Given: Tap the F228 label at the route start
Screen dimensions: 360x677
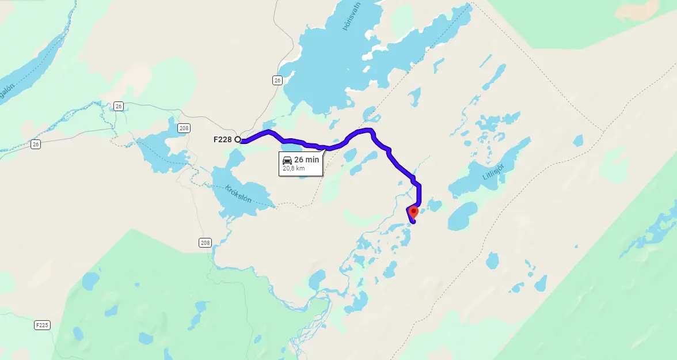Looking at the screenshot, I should [223, 139].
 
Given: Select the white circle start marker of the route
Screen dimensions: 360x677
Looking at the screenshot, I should [238, 139].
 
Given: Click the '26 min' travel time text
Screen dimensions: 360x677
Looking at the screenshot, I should [306, 160].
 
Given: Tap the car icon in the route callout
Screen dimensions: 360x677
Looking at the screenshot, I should [287, 160].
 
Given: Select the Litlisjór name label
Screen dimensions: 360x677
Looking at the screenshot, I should [494, 169].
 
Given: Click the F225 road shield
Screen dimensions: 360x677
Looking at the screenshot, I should [41, 325].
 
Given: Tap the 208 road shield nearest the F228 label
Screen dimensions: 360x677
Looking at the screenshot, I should [184, 128].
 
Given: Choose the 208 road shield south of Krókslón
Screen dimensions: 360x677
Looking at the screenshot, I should [206, 242].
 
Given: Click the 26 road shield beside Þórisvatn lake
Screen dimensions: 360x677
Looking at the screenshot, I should [277, 81].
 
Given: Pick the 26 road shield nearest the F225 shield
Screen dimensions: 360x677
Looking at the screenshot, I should [36, 144].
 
